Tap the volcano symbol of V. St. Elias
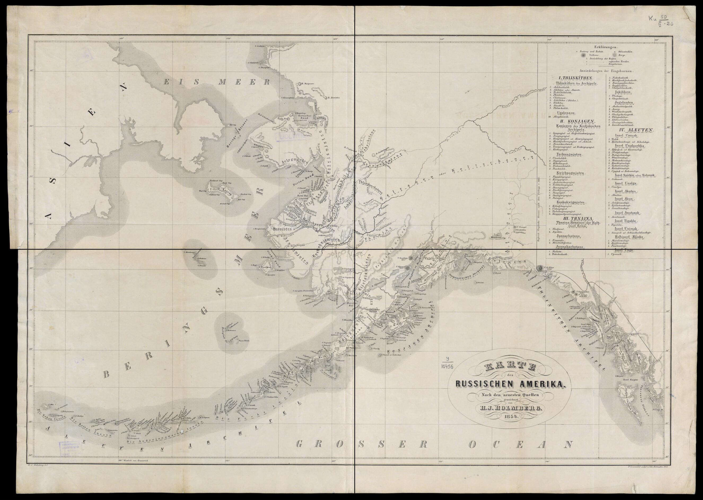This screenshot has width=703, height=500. click(x=539, y=268)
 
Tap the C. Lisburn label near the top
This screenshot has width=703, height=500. click(x=260, y=46)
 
